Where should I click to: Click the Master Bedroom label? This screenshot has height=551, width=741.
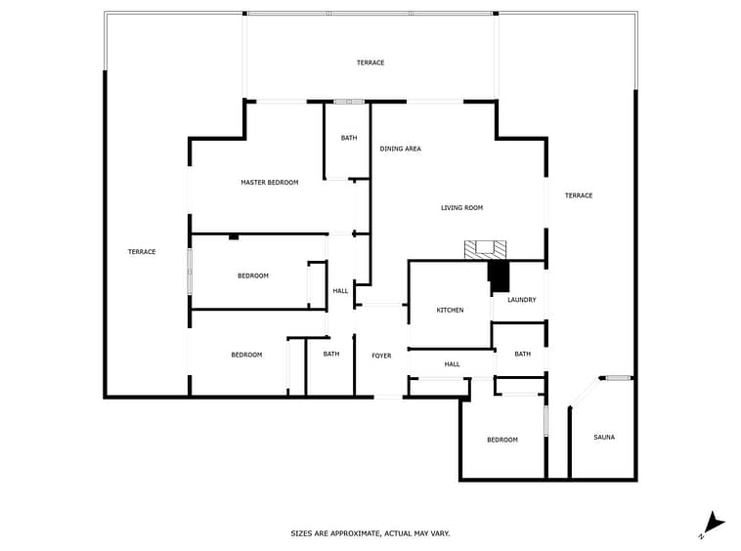[270, 183]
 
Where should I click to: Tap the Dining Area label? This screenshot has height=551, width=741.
[400, 148]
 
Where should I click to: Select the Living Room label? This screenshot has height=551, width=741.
[461, 208]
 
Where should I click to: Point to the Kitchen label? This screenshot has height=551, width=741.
[450, 311]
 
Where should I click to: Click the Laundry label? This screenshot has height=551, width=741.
[522, 300]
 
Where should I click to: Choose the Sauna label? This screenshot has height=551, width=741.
[604, 438]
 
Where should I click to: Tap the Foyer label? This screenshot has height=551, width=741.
[381, 356]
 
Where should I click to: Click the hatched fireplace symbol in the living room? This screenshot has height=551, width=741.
[485, 250]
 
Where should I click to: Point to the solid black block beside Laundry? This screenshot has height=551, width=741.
[499, 276]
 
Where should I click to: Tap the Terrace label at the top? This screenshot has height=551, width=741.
[370, 63]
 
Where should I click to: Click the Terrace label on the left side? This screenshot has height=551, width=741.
[142, 252]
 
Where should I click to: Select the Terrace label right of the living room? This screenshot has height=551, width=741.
[579, 195]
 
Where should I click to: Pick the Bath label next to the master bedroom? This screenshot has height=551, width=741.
[349, 138]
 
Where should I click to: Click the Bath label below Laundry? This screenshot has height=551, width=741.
[522, 354]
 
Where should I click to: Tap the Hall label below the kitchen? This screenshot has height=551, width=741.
[452, 364]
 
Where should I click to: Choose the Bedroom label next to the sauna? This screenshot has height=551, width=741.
[502, 440]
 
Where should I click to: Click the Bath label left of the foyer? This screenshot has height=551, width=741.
[331, 354]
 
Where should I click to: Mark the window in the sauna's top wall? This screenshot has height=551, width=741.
[619, 378]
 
